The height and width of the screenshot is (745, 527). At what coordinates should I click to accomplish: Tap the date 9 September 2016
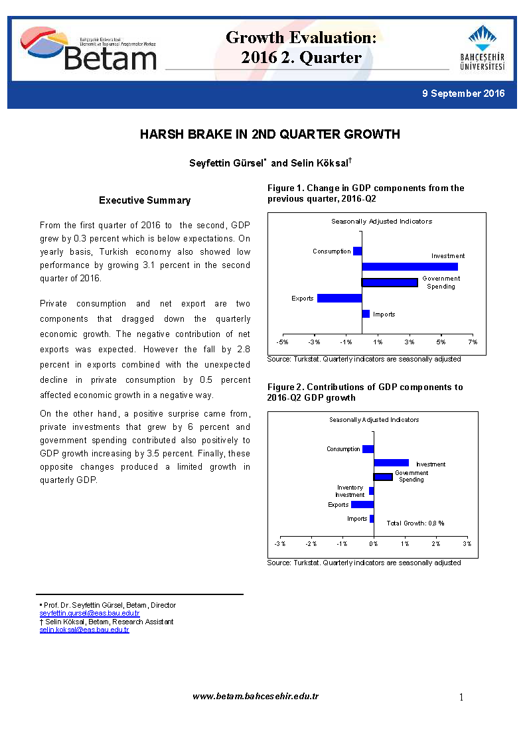[x=463, y=94]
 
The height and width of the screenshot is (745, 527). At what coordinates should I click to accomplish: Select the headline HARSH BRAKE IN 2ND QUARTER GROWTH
[x=269, y=135]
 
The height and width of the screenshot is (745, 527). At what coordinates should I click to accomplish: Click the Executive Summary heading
[x=145, y=200]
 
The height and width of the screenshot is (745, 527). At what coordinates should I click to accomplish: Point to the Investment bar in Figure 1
[x=410, y=267]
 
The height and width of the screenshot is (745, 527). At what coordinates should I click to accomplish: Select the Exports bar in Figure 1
[x=339, y=299]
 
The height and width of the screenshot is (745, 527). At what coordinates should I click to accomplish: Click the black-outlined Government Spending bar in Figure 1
[x=390, y=283]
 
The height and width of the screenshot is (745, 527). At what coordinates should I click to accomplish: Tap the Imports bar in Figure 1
[x=366, y=314]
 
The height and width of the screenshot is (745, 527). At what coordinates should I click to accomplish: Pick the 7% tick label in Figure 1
[x=472, y=342]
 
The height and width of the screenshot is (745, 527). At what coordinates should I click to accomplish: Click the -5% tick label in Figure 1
[x=282, y=342]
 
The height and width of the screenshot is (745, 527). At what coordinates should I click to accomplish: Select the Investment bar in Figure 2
[x=391, y=463]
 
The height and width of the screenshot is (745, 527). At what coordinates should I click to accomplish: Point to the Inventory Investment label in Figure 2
[x=350, y=491]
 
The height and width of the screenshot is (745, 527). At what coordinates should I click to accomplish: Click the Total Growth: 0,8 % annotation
[x=415, y=523]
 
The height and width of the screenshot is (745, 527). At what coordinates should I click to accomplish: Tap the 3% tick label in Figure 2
[x=467, y=544]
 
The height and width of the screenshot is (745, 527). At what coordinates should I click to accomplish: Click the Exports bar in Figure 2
[x=362, y=505]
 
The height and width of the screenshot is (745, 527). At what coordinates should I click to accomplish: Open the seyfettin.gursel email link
[x=90, y=614]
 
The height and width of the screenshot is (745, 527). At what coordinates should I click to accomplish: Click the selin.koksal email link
[x=84, y=630]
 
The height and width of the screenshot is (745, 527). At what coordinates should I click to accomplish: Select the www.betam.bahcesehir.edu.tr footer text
[x=256, y=696]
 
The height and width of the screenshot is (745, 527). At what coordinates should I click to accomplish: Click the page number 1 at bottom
[x=461, y=697]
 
